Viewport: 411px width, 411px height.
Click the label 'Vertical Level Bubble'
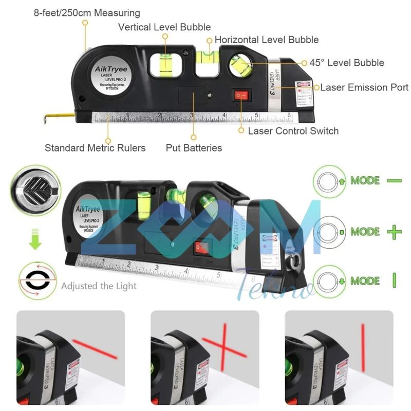click(x=164, y=27)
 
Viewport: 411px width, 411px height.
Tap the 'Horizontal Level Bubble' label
click(x=266, y=40)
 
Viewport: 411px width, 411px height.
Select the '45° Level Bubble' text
click(x=346, y=63)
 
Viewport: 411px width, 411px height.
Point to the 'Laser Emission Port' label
click(x=364, y=87)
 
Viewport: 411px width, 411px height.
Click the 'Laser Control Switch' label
click(x=293, y=130)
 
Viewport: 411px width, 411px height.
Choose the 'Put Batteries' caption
click(x=194, y=148)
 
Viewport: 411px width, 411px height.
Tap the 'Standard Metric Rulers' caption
click(x=95, y=148)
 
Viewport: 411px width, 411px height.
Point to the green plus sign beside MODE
click(x=394, y=232)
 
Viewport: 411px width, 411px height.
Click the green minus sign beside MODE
click(x=394, y=181)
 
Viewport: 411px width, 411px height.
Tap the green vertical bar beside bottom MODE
click(x=394, y=281)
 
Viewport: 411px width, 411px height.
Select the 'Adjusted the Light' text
click(x=99, y=285)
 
